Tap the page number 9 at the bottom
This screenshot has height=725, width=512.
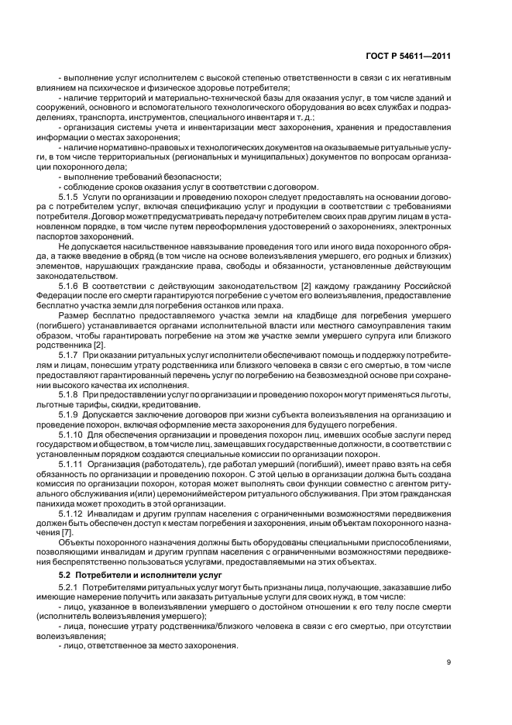pos(448,661)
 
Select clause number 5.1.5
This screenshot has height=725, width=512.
pos(69,198)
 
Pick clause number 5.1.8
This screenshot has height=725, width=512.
pos(69,394)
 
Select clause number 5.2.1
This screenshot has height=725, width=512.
pos(69,589)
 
